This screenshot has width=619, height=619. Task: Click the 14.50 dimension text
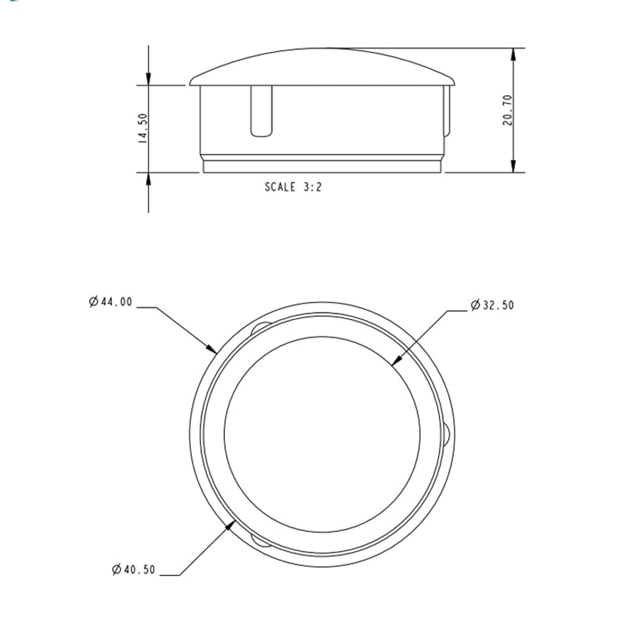click(143, 128)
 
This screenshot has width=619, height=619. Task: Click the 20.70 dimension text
click(507, 111)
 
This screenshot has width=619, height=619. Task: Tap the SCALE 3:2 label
click(293, 187)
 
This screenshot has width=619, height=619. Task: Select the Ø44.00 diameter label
click(110, 302)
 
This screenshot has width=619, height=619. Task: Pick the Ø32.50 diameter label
click(493, 305)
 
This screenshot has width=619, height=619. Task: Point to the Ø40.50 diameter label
click(134, 569)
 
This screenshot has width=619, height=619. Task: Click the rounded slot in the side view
click(261, 111)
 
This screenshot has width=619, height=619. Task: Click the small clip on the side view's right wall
click(447, 112)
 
